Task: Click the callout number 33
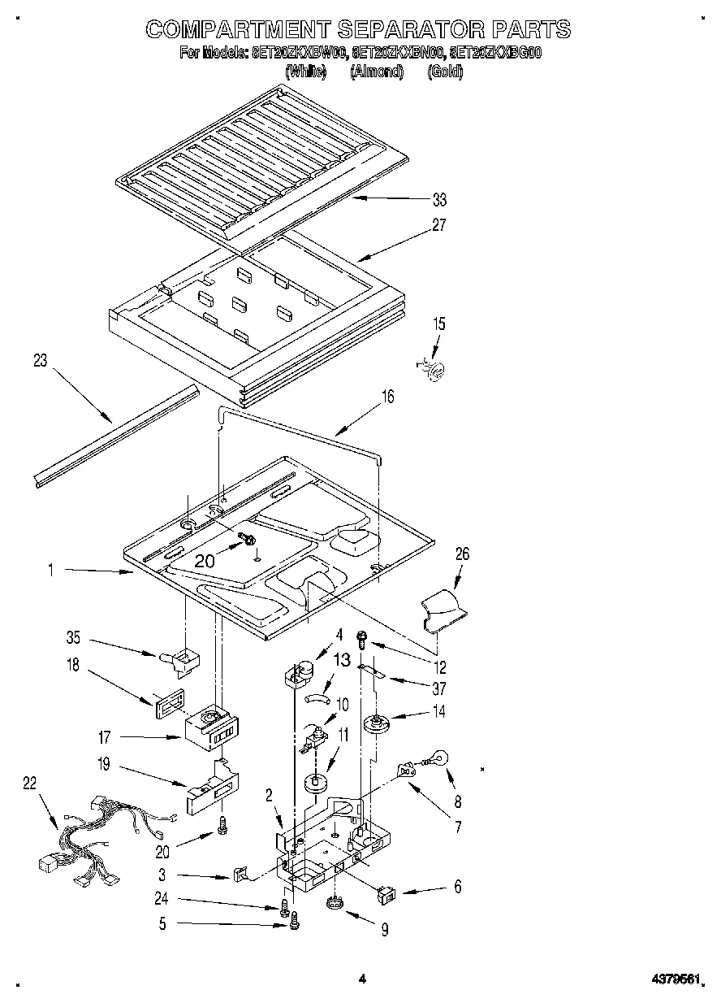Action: click(439, 199)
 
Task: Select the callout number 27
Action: click(439, 225)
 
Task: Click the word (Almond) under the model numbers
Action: click(377, 72)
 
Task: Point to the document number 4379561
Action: click(674, 979)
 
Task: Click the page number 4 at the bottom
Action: click(362, 979)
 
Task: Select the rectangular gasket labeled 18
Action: click(166, 701)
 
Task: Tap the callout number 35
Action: click(72, 638)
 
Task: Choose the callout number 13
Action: click(343, 659)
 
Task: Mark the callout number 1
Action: click(50, 571)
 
